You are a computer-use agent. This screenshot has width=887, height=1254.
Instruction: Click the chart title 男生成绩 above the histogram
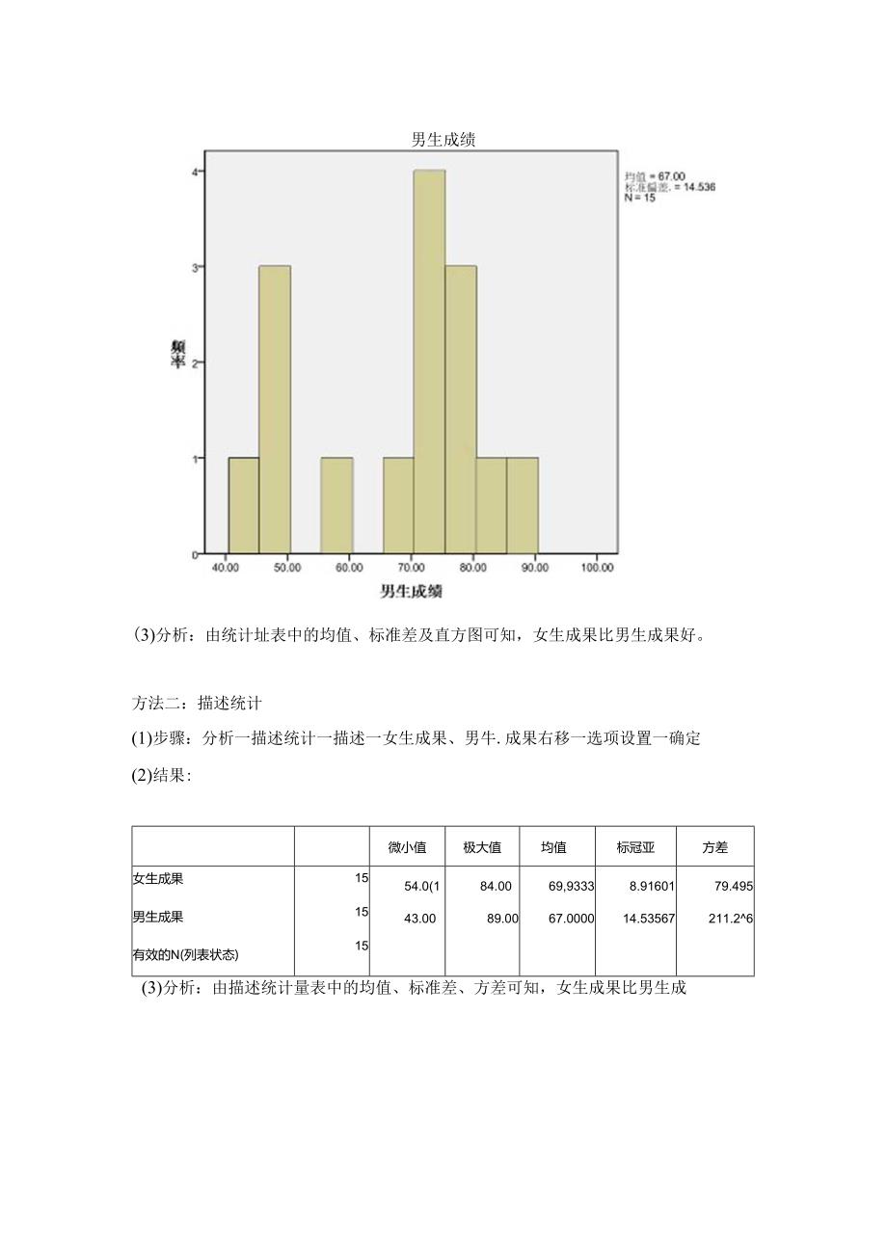[443, 140]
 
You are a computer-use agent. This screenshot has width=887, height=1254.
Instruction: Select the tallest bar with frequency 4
[429, 361]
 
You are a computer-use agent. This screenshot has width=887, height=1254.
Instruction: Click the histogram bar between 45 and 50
[275, 410]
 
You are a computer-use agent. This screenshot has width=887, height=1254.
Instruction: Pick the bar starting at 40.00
[243, 506]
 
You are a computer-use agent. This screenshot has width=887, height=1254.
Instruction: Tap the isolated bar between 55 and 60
[336, 506]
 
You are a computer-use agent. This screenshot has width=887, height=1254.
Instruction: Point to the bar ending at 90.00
[523, 506]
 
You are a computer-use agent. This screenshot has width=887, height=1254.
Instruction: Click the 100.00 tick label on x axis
[598, 569]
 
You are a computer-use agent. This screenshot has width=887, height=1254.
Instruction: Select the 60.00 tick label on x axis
[350, 569]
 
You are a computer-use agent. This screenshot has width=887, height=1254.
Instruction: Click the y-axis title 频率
[179, 354]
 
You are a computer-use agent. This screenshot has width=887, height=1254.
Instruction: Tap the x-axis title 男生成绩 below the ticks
[412, 591]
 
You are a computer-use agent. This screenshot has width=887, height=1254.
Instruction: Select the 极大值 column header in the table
[482, 848]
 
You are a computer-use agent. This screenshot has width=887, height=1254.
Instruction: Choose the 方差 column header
[715, 848]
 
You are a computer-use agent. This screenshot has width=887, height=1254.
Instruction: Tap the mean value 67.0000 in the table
[572, 919]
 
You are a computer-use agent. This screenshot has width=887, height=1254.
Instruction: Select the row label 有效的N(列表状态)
[185, 955]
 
